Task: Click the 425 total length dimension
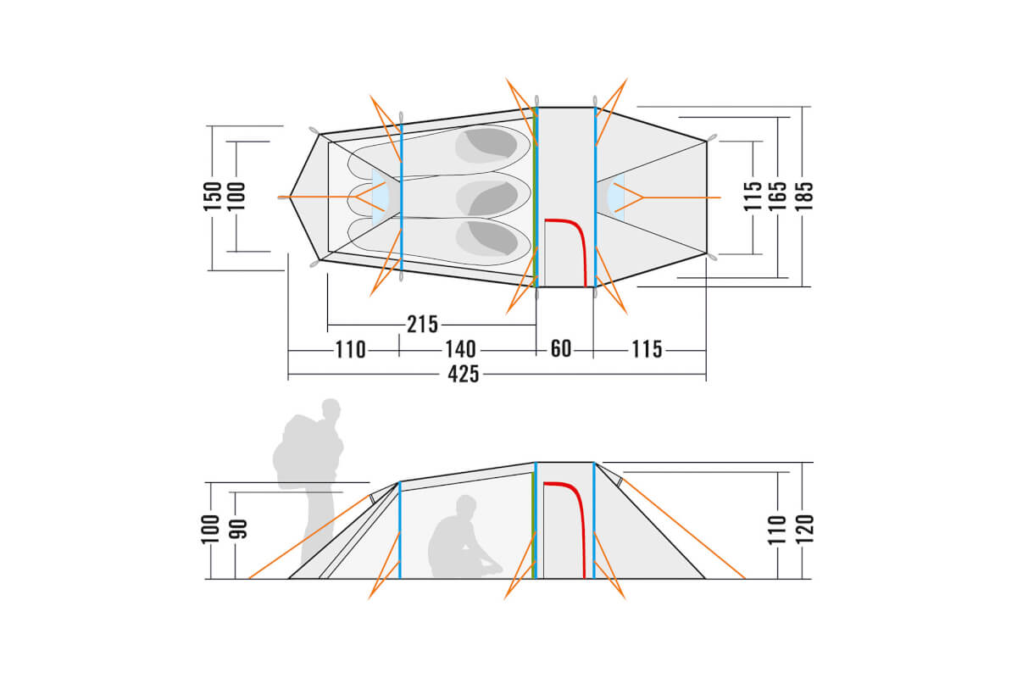click(463, 375)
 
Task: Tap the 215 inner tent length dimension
click(422, 325)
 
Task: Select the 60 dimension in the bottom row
click(561, 349)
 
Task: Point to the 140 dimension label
click(460, 350)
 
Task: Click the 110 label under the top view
click(350, 350)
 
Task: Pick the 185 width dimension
click(803, 196)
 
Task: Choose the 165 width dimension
click(777, 196)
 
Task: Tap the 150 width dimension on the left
click(212, 196)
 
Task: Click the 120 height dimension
click(804, 529)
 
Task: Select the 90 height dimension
click(238, 529)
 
